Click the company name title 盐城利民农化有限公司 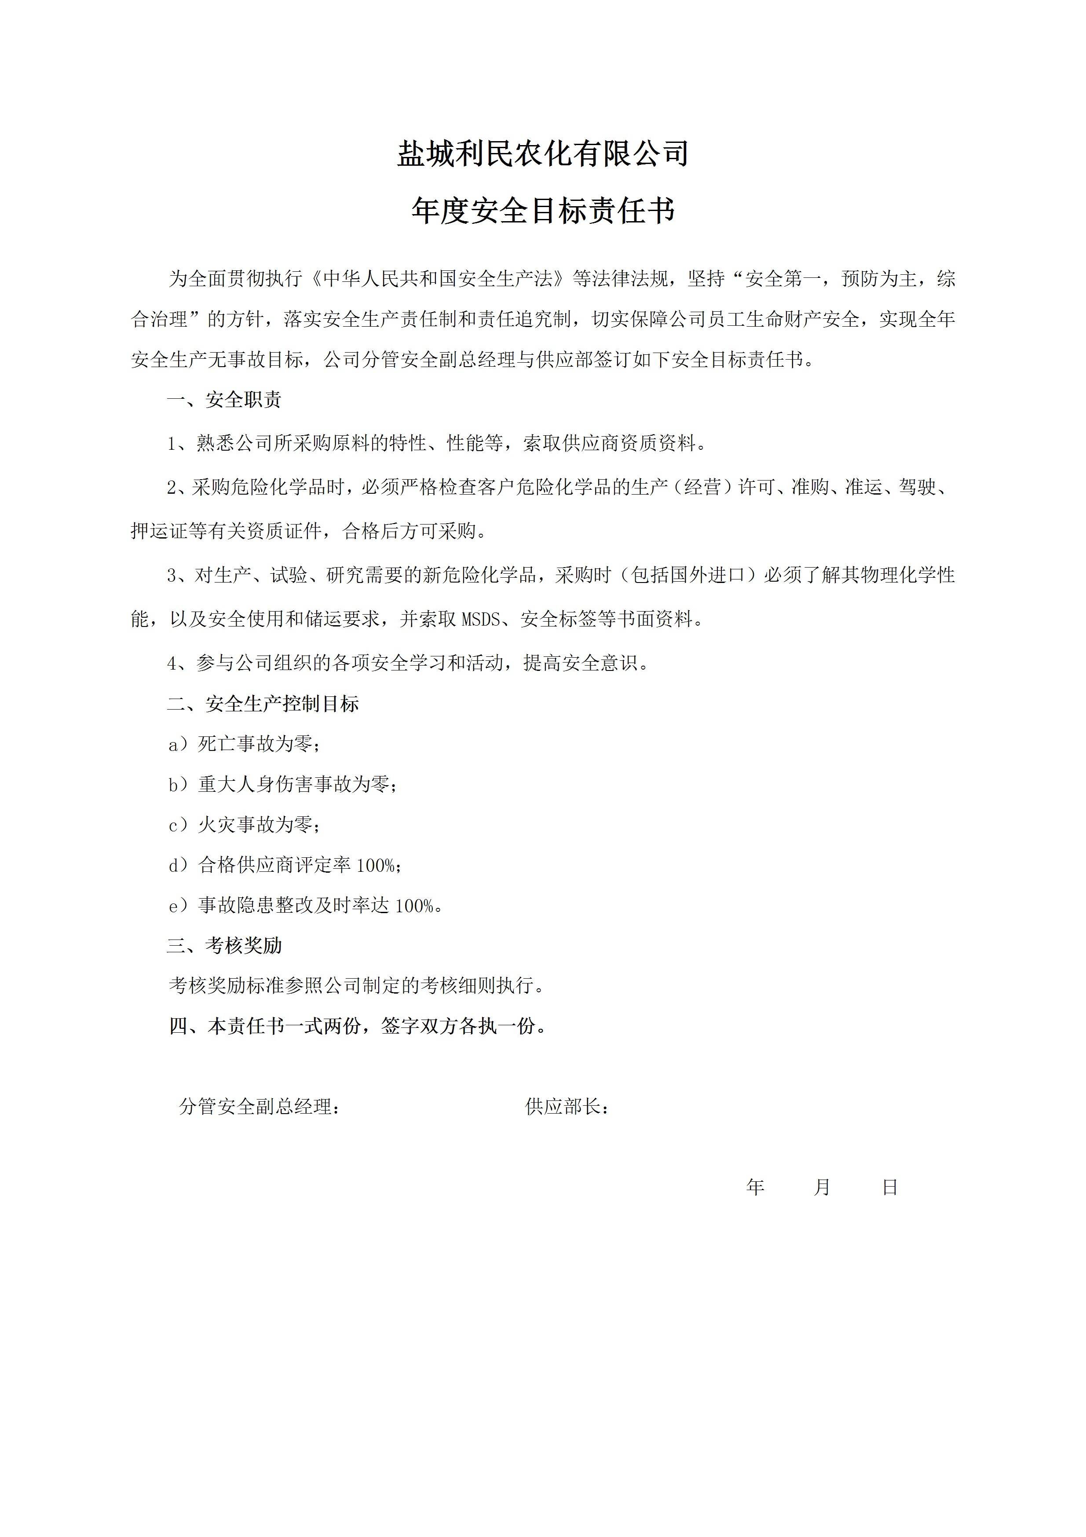point(543,153)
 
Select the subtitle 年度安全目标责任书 point(543,211)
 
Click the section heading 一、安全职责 point(224,401)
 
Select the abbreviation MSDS point(481,619)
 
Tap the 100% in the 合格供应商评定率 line point(376,866)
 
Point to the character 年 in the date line point(755,1187)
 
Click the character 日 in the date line point(890,1187)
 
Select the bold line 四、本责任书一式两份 point(358,1026)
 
